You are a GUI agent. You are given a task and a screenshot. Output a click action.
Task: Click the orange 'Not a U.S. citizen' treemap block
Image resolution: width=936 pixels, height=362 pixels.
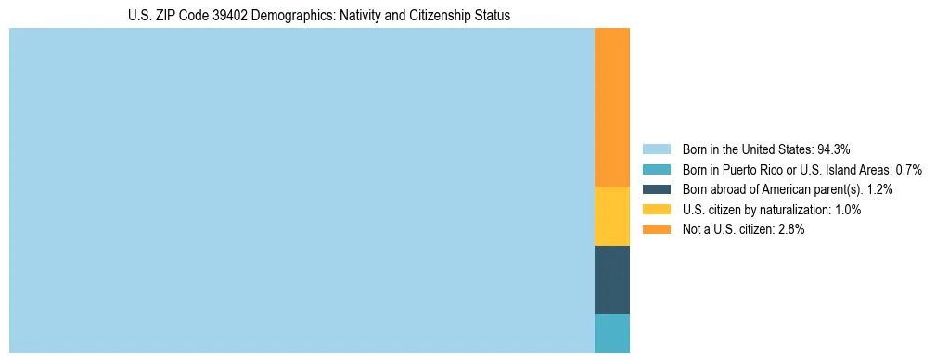611,108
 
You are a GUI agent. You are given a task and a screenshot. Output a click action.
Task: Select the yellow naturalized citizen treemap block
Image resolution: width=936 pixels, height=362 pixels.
611,216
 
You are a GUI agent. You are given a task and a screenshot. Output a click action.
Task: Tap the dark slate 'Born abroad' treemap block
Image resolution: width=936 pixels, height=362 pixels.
611,279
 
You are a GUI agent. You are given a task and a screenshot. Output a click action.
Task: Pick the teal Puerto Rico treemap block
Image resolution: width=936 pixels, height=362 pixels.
611,333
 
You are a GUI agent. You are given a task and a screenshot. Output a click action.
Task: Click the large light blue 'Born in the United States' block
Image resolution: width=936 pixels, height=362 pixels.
301,190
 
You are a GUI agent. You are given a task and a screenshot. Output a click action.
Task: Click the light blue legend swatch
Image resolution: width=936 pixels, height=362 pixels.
656,149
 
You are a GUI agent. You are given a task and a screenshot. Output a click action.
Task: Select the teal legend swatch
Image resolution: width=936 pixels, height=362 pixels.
656,170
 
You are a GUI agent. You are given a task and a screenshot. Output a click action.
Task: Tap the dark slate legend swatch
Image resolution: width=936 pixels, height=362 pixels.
656,189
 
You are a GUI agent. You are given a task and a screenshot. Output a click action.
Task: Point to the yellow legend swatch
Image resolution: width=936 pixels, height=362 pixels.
656,210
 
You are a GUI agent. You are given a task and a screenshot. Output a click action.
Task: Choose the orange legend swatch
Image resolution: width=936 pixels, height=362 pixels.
656,230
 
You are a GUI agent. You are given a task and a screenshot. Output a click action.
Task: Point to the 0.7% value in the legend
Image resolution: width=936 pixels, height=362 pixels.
908,170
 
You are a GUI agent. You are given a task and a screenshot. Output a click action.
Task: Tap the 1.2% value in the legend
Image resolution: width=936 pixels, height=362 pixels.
878,189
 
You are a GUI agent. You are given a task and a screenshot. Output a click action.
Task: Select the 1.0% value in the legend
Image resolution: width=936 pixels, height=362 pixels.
847,210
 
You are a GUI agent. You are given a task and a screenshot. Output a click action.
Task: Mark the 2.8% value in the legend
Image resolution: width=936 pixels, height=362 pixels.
790,230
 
